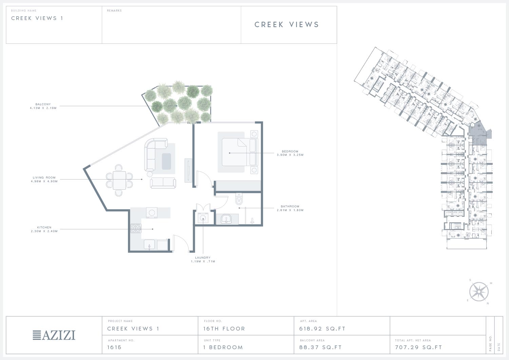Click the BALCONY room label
pyautogui.click(x=43, y=104)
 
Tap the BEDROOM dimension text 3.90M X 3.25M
pyautogui.click(x=290, y=155)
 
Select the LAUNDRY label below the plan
pyautogui.click(x=203, y=258)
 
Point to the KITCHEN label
pyautogui.click(x=44, y=227)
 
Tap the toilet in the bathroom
pyautogui.click(x=239, y=199)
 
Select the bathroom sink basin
pyautogui.click(x=226, y=219)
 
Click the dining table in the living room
pyautogui.click(x=119, y=181)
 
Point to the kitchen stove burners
pyautogui.click(x=136, y=228)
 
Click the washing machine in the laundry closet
pyautogui.click(x=203, y=218)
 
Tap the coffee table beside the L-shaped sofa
pyautogui.click(x=166, y=162)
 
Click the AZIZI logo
pyautogui.click(x=54, y=335)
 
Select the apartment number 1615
pyautogui.click(x=114, y=347)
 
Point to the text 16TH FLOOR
pyautogui.click(x=224, y=329)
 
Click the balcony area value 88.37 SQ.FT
pyautogui.click(x=320, y=347)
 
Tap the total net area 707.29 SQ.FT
pyautogui.click(x=418, y=347)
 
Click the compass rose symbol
pyautogui.click(x=479, y=291)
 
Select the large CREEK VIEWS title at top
pyautogui.click(x=287, y=24)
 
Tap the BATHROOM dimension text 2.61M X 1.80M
pyautogui.click(x=290, y=210)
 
